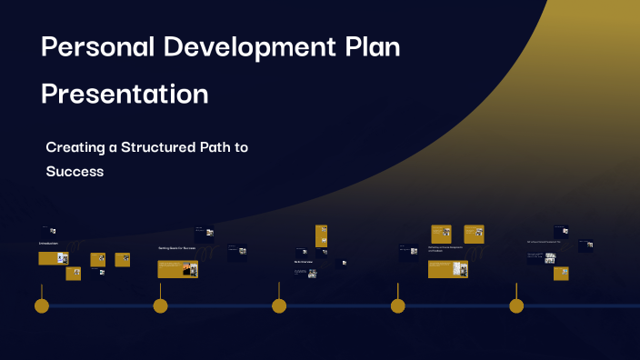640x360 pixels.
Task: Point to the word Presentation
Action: coord(125,94)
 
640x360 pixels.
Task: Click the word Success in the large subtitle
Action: coord(75,170)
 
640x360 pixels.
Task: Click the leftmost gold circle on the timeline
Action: coord(41,305)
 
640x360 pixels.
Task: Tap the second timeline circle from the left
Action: coord(160,305)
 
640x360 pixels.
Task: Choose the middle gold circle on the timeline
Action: coord(279,305)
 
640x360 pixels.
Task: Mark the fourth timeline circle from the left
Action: coord(397,305)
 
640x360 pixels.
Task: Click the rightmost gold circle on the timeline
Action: coord(516,305)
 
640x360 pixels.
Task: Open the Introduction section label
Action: coord(48,244)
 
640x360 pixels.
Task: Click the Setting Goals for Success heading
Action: coord(176,247)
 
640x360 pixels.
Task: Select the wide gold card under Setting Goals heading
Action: coord(177,269)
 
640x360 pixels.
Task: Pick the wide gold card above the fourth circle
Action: coord(447,269)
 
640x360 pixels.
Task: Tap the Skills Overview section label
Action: coord(304,262)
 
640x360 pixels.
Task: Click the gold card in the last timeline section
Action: coord(561,273)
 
